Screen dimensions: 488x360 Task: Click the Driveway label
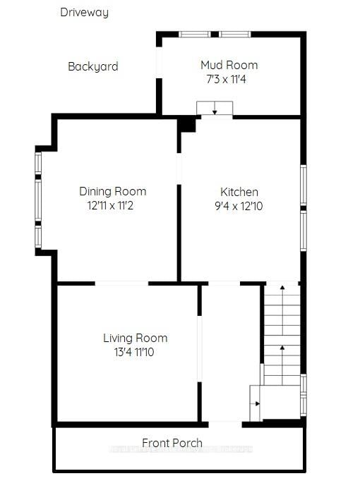(x=84, y=12)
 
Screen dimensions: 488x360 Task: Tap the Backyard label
(x=92, y=66)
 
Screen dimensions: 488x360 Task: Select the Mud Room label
(x=229, y=65)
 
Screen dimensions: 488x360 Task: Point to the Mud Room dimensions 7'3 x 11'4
(x=223, y=80)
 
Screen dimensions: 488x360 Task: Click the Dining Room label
(x=112, y=191)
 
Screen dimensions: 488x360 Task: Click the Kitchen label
(x=239, y=192)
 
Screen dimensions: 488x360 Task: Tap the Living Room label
(x=135, y=338)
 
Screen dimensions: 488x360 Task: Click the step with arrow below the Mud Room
(x=214, y=108)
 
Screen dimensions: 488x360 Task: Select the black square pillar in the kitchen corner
(x=186, y=124)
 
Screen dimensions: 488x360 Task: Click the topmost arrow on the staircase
(x=282, y=289)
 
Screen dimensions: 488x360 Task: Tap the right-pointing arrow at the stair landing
(x=256, y=403)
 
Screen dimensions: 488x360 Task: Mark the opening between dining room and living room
(x=121, y=283)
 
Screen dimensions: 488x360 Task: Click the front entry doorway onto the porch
(x=224, y=423)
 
